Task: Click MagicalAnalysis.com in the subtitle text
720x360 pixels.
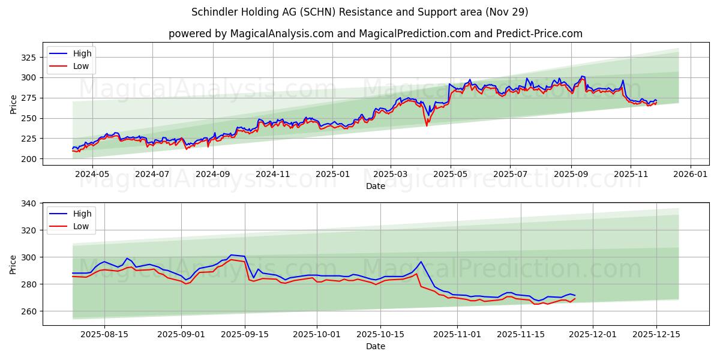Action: pyautogui.click(x=282, y=34)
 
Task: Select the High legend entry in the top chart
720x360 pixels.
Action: pyautogui.click(x=82, y=53)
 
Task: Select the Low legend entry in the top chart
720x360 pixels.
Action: pyautogui.click(x=81, y=66)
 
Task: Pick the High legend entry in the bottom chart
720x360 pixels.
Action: pyautogui.click(x=82, y=214)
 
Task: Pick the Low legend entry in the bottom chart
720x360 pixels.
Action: pyautogui.click(x=81, y=226)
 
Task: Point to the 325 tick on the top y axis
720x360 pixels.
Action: pyautogui.click(x=29, y=58)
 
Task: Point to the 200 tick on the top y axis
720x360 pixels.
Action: pyautogui.click(x=29, y=159)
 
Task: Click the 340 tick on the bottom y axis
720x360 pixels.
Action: pyautogui.click(x=29, y=203)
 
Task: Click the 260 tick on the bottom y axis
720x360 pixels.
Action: pyautogui.click(x=29, y=311)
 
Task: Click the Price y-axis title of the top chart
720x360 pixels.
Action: pyautogui.click(x=13, y=104)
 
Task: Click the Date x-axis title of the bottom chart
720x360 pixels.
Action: pyautogui.click(x=376, y=346)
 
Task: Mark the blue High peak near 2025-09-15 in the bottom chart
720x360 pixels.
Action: pyautogui.click(x=232, y=255)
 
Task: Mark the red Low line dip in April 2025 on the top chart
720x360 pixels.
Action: pyautogui.click(x=427, y=125)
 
